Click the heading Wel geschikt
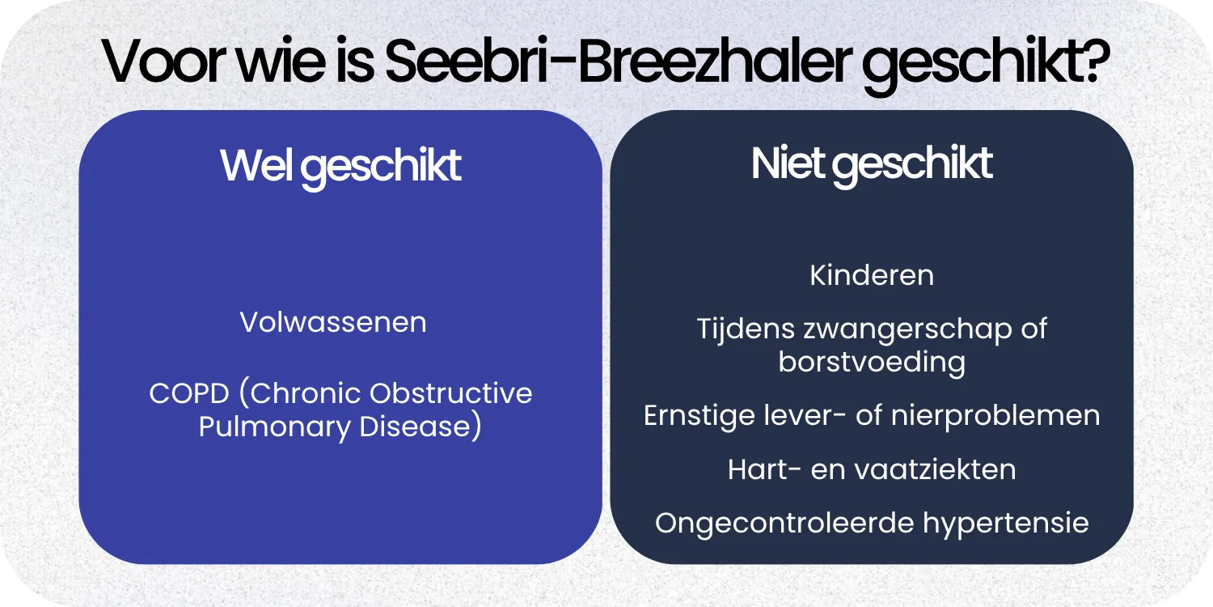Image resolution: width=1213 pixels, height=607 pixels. pyautogui.click(x=340, y=166)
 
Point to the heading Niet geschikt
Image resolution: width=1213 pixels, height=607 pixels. pyautogui.click(x=871, y=164)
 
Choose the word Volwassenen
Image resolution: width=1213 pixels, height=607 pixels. pyautogui.click(x=333, y=322)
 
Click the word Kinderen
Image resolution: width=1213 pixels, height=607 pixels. pyautogui.click(x=872, y=275)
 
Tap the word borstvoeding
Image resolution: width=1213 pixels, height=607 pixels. pyautogui.click(x=872, y=362)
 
